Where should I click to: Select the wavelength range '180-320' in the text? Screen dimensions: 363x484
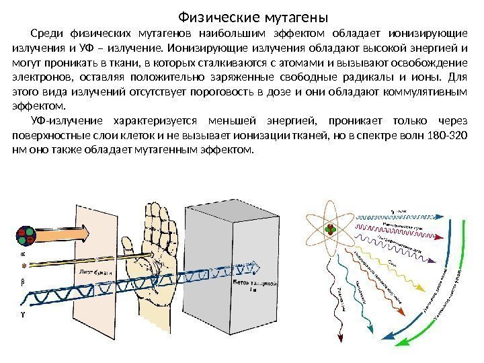(445, 135)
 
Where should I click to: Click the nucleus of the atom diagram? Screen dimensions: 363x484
(331, 231)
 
